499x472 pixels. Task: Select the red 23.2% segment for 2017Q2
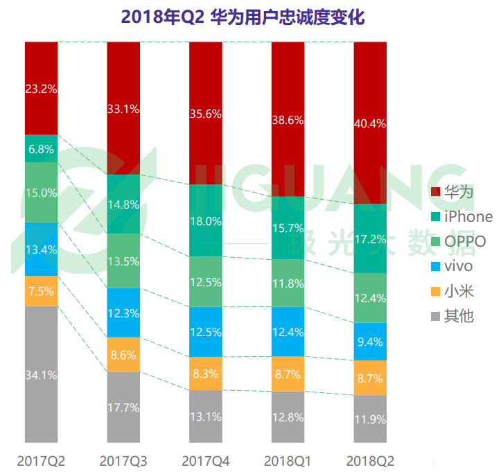coord(41,88)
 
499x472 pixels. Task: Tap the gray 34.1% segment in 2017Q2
coord(41,374)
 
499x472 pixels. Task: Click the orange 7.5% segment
coord(41,291)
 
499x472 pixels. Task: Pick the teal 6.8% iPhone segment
coord(41,148)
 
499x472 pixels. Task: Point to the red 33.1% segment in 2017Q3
coord(123,108)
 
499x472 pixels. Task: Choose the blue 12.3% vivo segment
coord(123,313)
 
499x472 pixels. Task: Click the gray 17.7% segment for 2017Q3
coord(123,407)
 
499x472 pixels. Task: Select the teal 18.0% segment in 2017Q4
coord(206,221)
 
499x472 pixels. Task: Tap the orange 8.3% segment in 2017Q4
coord(206,374)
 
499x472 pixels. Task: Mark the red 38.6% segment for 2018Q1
coord(288,119)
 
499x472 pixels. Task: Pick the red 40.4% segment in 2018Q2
coord(370,123)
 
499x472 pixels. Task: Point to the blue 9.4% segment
coord(370,341)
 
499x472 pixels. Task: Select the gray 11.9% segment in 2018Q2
coord(370,418)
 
